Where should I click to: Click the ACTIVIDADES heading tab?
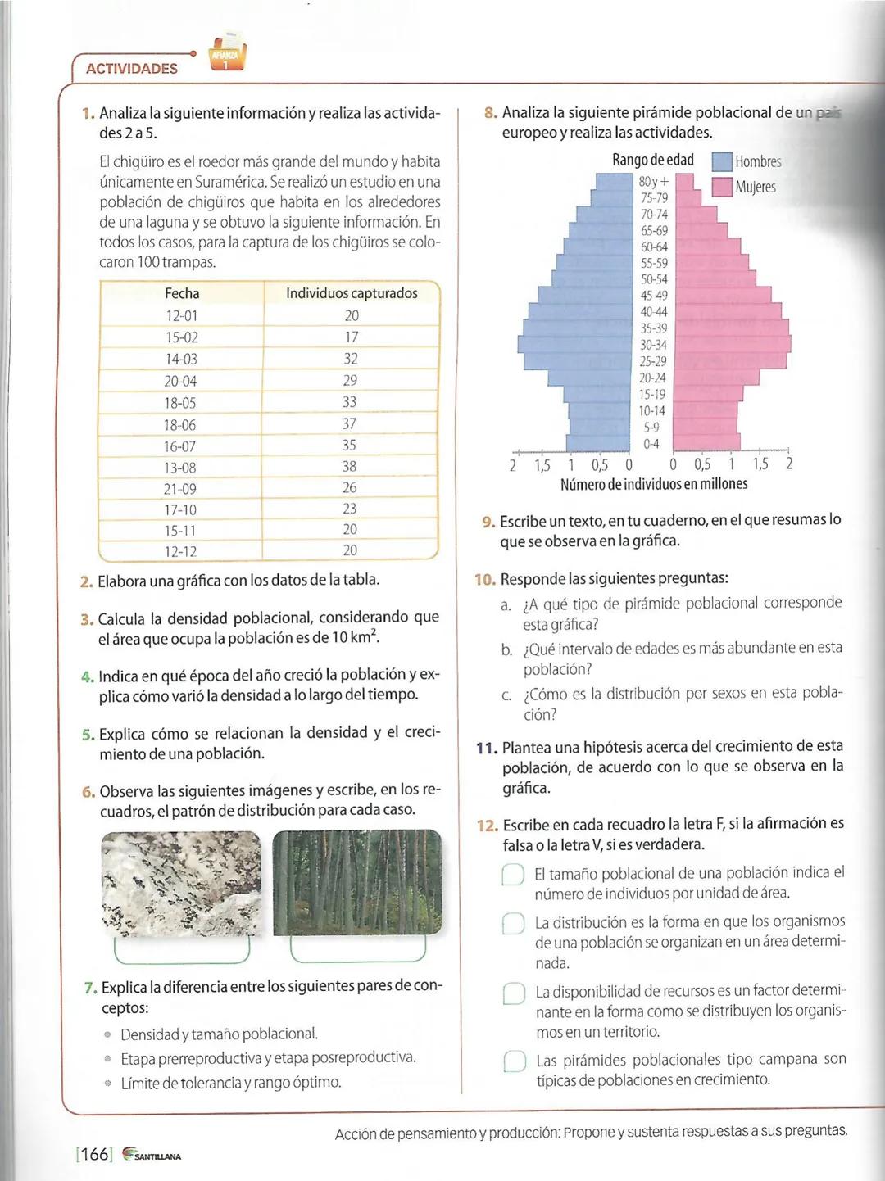pyautogui.click(x=131, y=69)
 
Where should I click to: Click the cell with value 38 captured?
pyautogui.click(x=350, y=466)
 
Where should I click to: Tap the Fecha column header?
pyautogui.click(x=182, y=293)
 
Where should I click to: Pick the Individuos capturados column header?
pyautogui.click(x=352, y=293)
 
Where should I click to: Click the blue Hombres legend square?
pyautogui.click(x=722, y=162)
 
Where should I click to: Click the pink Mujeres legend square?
pyautogui.click(x=722, y=188)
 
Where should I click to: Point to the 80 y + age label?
pyautogui.click(x=653, y=181)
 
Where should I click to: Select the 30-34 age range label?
pyautogui.click(x=653, y=345)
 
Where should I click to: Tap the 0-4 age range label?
pyautogui.click(x=651, y=444)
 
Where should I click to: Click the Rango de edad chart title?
pyautogui.click(x=653, y=160)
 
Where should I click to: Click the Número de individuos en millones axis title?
pyautogui.click(x=654, y=484)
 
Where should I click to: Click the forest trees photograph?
pyautogui.click(x=357, y=882)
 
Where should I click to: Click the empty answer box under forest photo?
pyautogui.click(x=358, y=949)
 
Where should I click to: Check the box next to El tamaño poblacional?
pyautogui.click(x=513, y=875)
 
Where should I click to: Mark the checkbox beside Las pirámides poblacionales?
pyautogui.click(x=514, y=1061)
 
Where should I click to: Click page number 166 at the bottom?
pyautogui.click(x=94, y=1154)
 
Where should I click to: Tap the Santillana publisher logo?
pyautogui.click(x=152, y=1155)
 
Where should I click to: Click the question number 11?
pyautogui.click(x=487, y=748)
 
